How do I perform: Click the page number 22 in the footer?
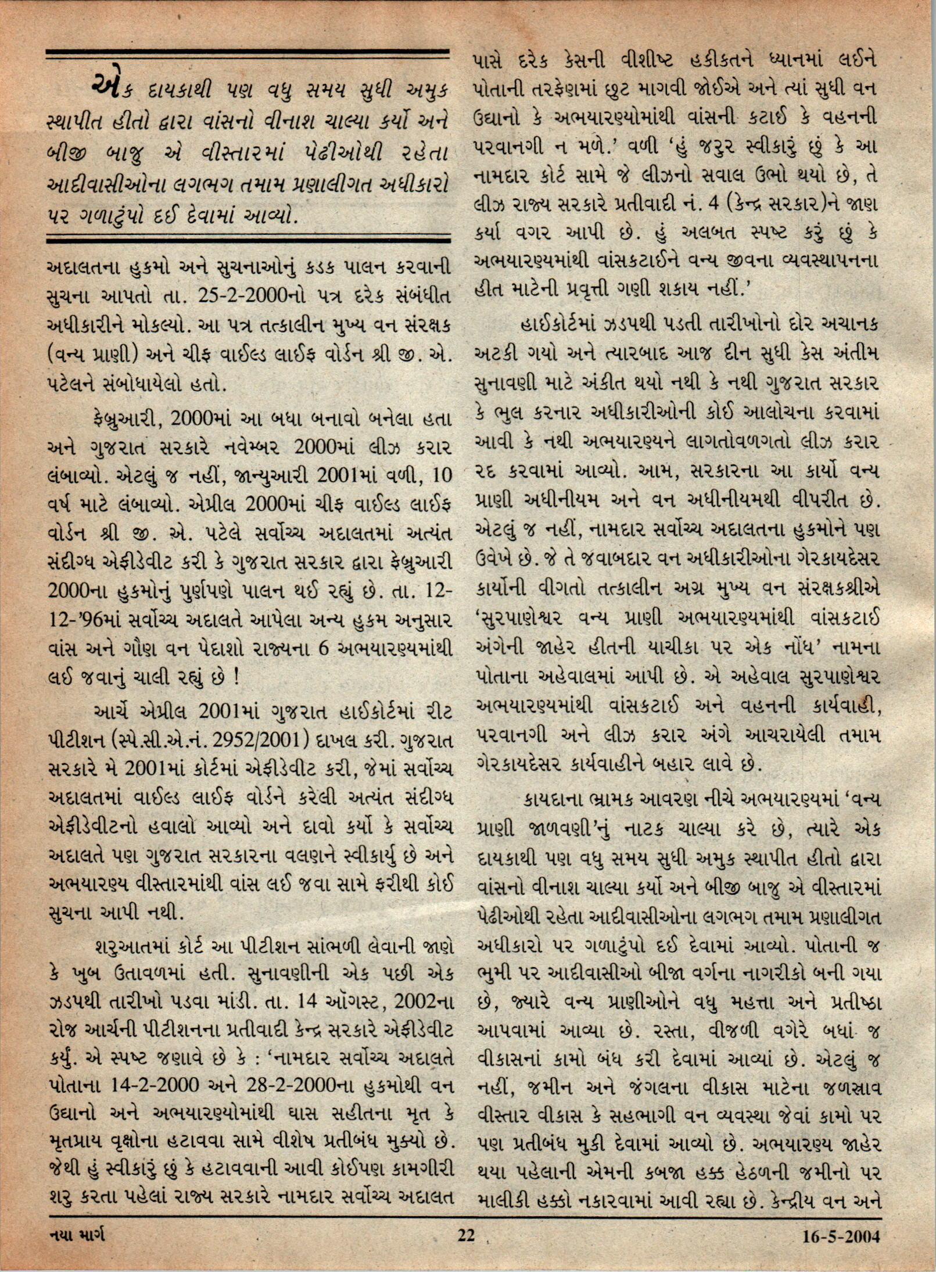coord(465,1250)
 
